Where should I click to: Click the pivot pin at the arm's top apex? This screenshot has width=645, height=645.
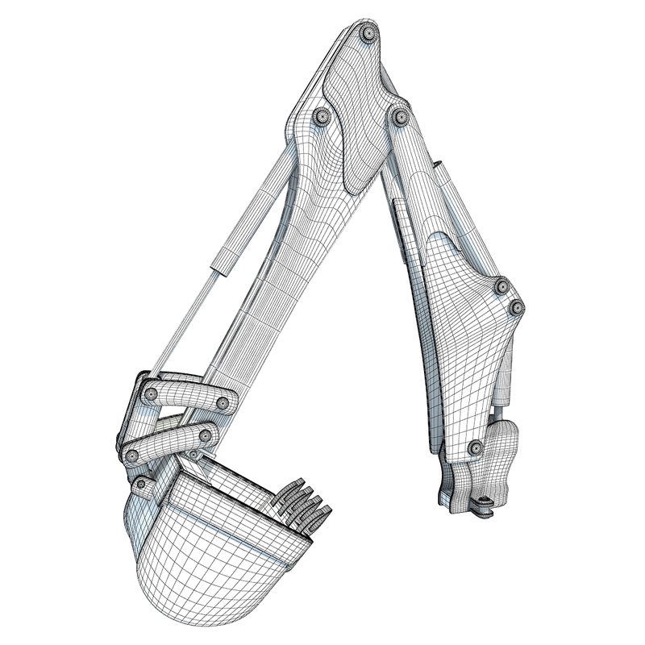(x=368, y=34)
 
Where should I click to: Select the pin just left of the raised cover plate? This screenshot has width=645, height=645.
(x=322, y=117)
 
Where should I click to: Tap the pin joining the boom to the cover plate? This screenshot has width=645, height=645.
(x=400, y=117)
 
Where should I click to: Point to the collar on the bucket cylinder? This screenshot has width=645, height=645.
(x=225, y=259)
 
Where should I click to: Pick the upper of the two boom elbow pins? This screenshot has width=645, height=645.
(x=501, y=286)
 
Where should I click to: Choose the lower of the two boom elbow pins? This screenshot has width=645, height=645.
(x=516, y=307)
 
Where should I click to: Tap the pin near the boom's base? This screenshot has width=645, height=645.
(x=476, y=447)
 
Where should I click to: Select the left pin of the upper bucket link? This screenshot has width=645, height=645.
(x=150, y=394)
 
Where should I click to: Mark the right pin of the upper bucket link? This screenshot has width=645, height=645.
(x=223, y=402)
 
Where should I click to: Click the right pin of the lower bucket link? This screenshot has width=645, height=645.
(x=206, y=436)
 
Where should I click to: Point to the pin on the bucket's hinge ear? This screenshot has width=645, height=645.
(x=142, y=485)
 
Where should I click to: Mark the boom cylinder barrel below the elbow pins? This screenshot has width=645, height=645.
(x=504, y=379)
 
